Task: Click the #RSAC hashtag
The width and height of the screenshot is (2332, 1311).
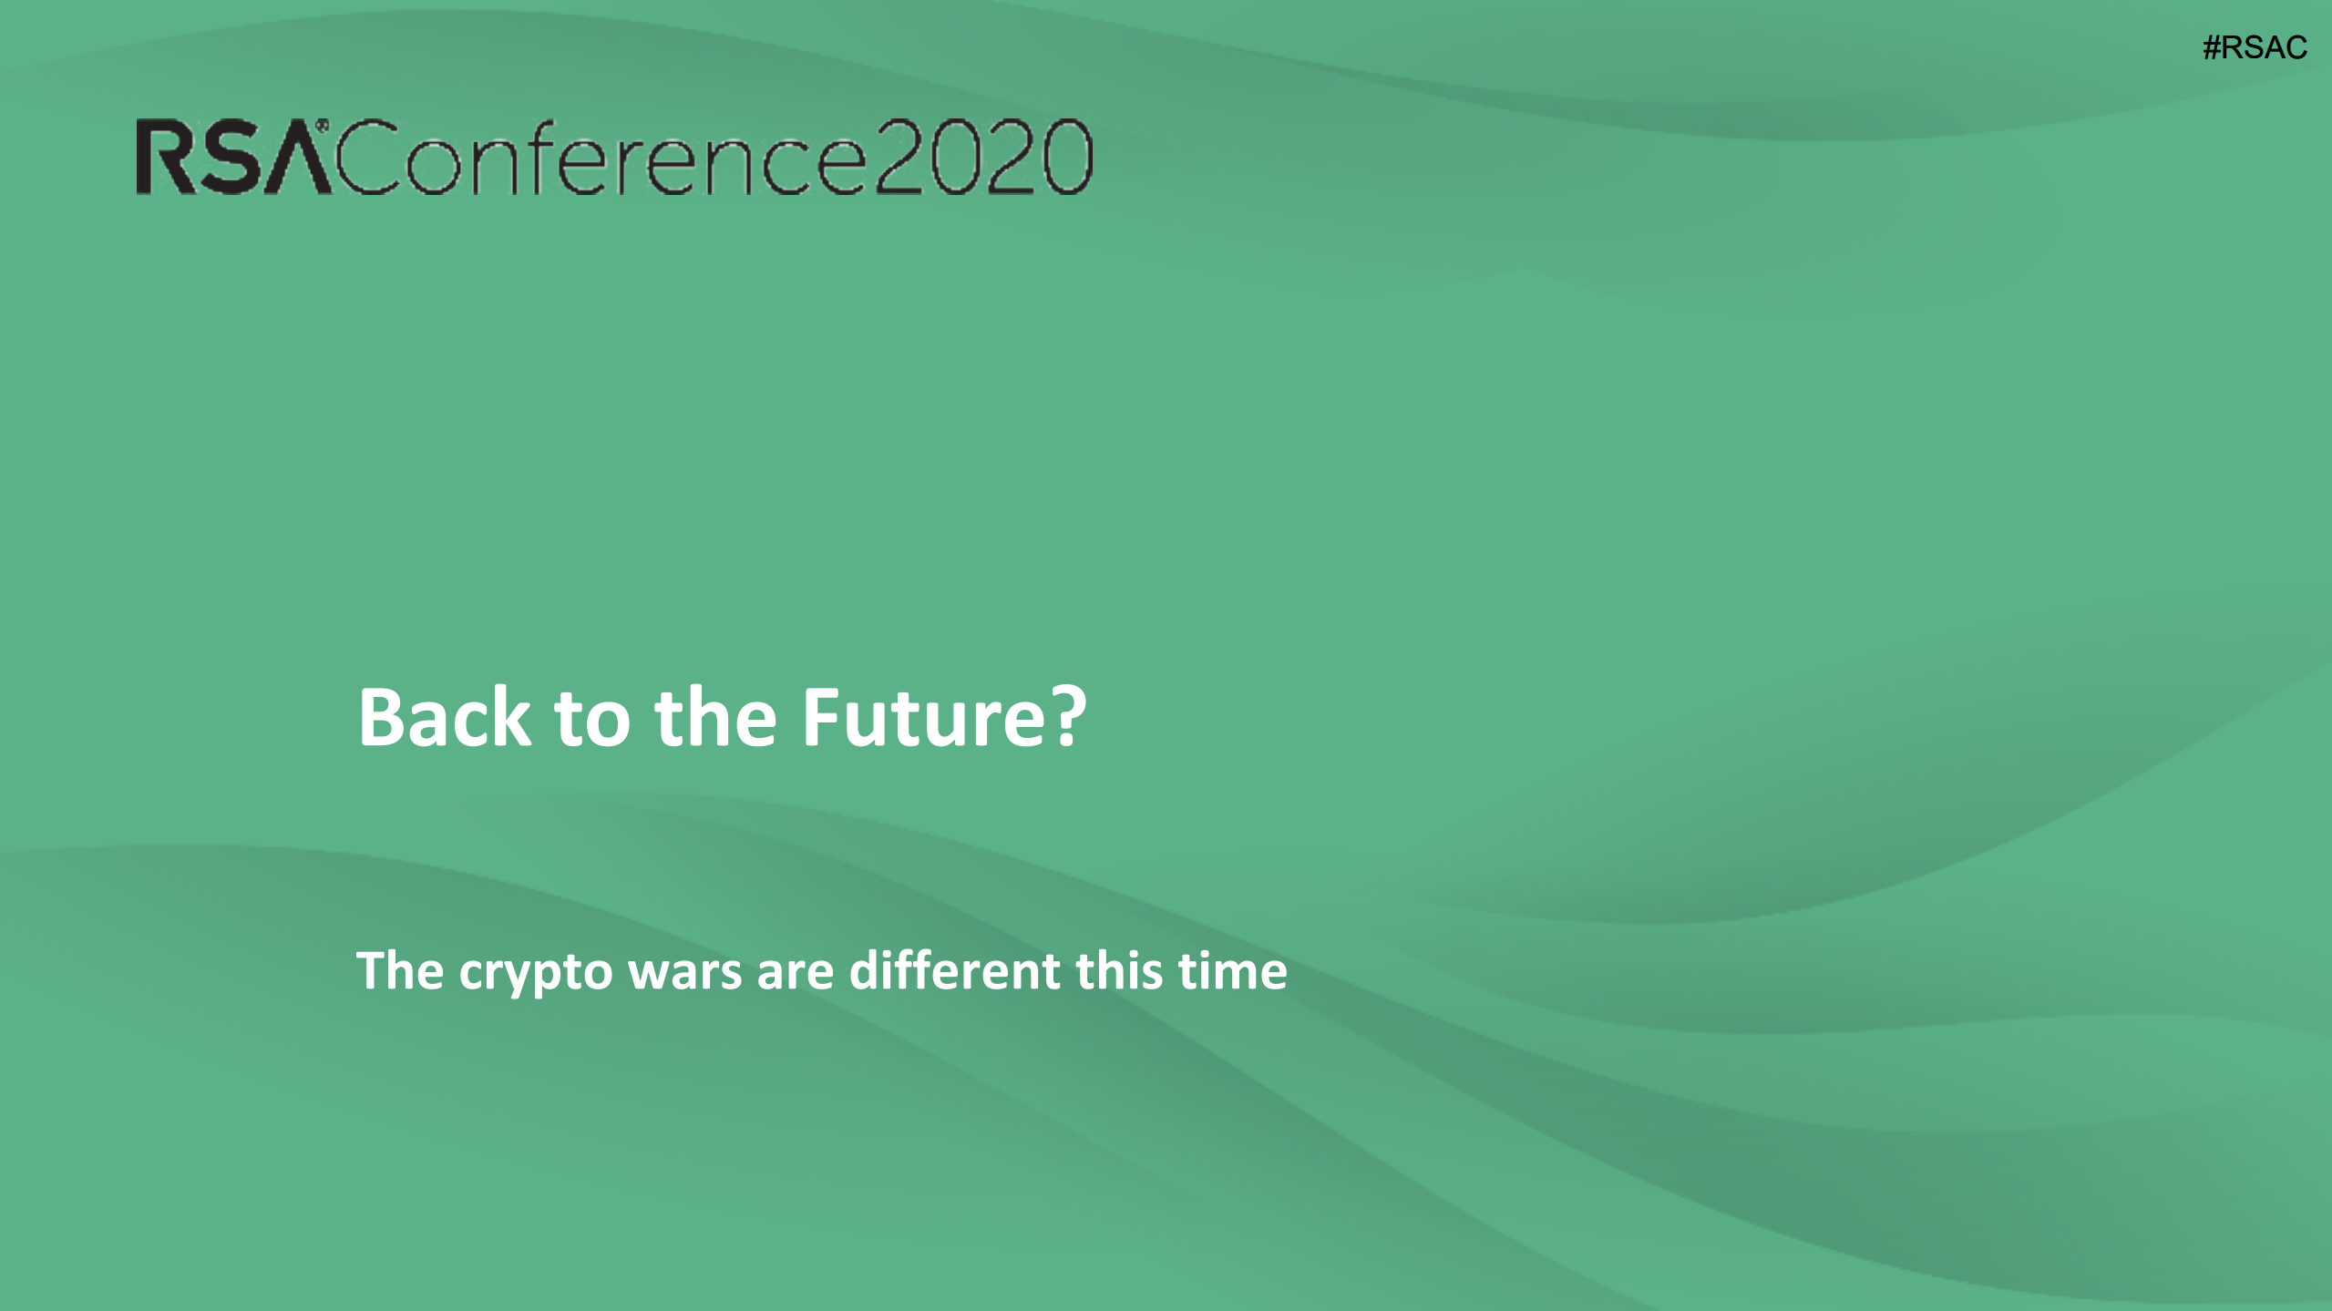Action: [2255, 47]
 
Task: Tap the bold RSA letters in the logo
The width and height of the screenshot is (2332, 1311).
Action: [233, 157]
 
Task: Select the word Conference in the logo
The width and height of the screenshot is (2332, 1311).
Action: [600, 157]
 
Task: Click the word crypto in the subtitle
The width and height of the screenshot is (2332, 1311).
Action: [536, 972]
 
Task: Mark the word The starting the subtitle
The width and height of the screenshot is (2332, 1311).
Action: [400, 970]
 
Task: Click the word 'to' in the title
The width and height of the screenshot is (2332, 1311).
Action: [592, 720]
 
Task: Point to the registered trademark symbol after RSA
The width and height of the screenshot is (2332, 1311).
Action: [322, 126]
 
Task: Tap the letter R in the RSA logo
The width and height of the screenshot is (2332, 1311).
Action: [164, 158]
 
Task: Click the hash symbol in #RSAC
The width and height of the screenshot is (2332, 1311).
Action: [2212, 47]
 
